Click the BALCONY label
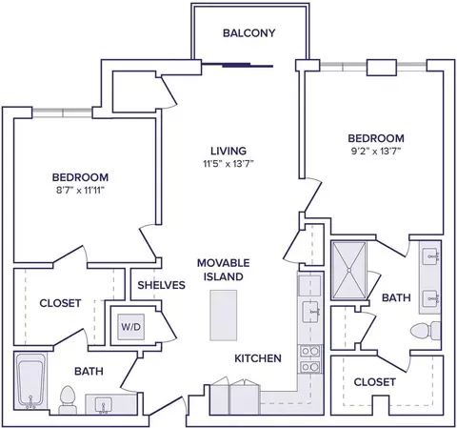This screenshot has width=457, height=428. tap(248, 33)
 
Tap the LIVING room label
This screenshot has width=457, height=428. tap(228, 151)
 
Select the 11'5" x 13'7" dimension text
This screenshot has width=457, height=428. tap(228, 164)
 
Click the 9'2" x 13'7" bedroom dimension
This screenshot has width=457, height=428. tap(376, 152)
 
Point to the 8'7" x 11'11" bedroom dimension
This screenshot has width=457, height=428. tap(80, 191)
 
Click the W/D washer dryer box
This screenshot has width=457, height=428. tap(131, 327)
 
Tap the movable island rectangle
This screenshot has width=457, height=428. tap(224, 316)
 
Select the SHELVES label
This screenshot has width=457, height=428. tap(161, 285)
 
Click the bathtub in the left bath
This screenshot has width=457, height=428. tap(30, 381)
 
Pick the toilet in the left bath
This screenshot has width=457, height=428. tap(67, 399)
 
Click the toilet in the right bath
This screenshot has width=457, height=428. tap(426, 331)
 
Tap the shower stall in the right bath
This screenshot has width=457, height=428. tap(348, 271)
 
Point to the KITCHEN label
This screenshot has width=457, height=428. tap(258, 358)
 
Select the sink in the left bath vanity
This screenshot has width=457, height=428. tap(103, 405)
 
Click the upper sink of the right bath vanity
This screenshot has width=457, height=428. tap(430, 255)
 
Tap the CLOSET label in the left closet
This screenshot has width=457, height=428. tap(60, 303)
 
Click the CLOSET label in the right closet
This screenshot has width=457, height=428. tap(375, 382)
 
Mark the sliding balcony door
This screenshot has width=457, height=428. tap(237, 66)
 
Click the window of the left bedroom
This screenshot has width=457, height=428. tap(62, 112)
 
